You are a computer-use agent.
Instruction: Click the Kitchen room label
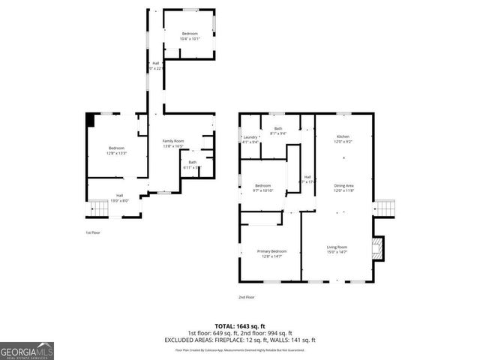[x=343, y=139]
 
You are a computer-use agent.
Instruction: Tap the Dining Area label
[x=344, y=187]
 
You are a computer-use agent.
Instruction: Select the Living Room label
[x=337, y=249]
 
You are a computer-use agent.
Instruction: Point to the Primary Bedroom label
[x=273, y=253]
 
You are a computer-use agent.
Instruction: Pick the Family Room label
[x=173, y=143]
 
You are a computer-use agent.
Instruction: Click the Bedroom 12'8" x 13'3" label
[x=116, y=150]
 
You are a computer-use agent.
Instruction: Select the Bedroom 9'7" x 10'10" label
[x=262, y=187]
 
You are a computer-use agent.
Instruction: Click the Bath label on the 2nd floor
[x=277, y=131]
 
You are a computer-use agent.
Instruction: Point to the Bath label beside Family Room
[x=193, y=164]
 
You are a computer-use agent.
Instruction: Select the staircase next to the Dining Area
[x=385, y=206]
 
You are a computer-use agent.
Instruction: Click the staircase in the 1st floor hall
[x=99, y=208]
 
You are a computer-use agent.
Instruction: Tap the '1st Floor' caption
[x=92, y=232]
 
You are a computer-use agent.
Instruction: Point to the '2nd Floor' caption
[x=247, y=298]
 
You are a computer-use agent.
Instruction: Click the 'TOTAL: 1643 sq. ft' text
[x=239, y=326]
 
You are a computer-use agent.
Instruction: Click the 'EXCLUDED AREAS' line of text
[x=239, y=340]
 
